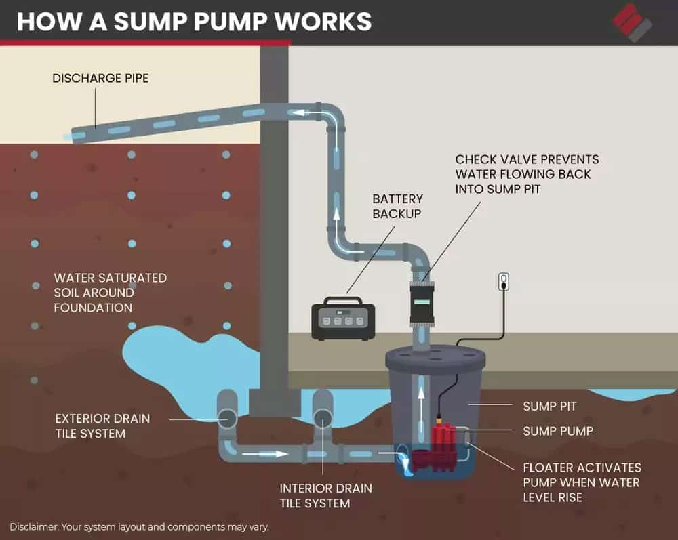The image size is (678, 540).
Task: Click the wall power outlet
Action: click(x=503, y=281)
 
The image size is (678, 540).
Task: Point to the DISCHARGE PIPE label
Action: click(x=100, y=79)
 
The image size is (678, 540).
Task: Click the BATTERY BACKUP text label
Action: click(x=397, y=206)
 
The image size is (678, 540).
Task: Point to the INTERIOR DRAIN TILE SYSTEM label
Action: click(x=325, y=495)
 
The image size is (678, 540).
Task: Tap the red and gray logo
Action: click(x=632, y=22)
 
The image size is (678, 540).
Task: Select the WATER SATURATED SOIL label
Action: click(x=110, y=293)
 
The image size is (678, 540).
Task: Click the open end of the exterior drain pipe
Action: click(x=227, y=419)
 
